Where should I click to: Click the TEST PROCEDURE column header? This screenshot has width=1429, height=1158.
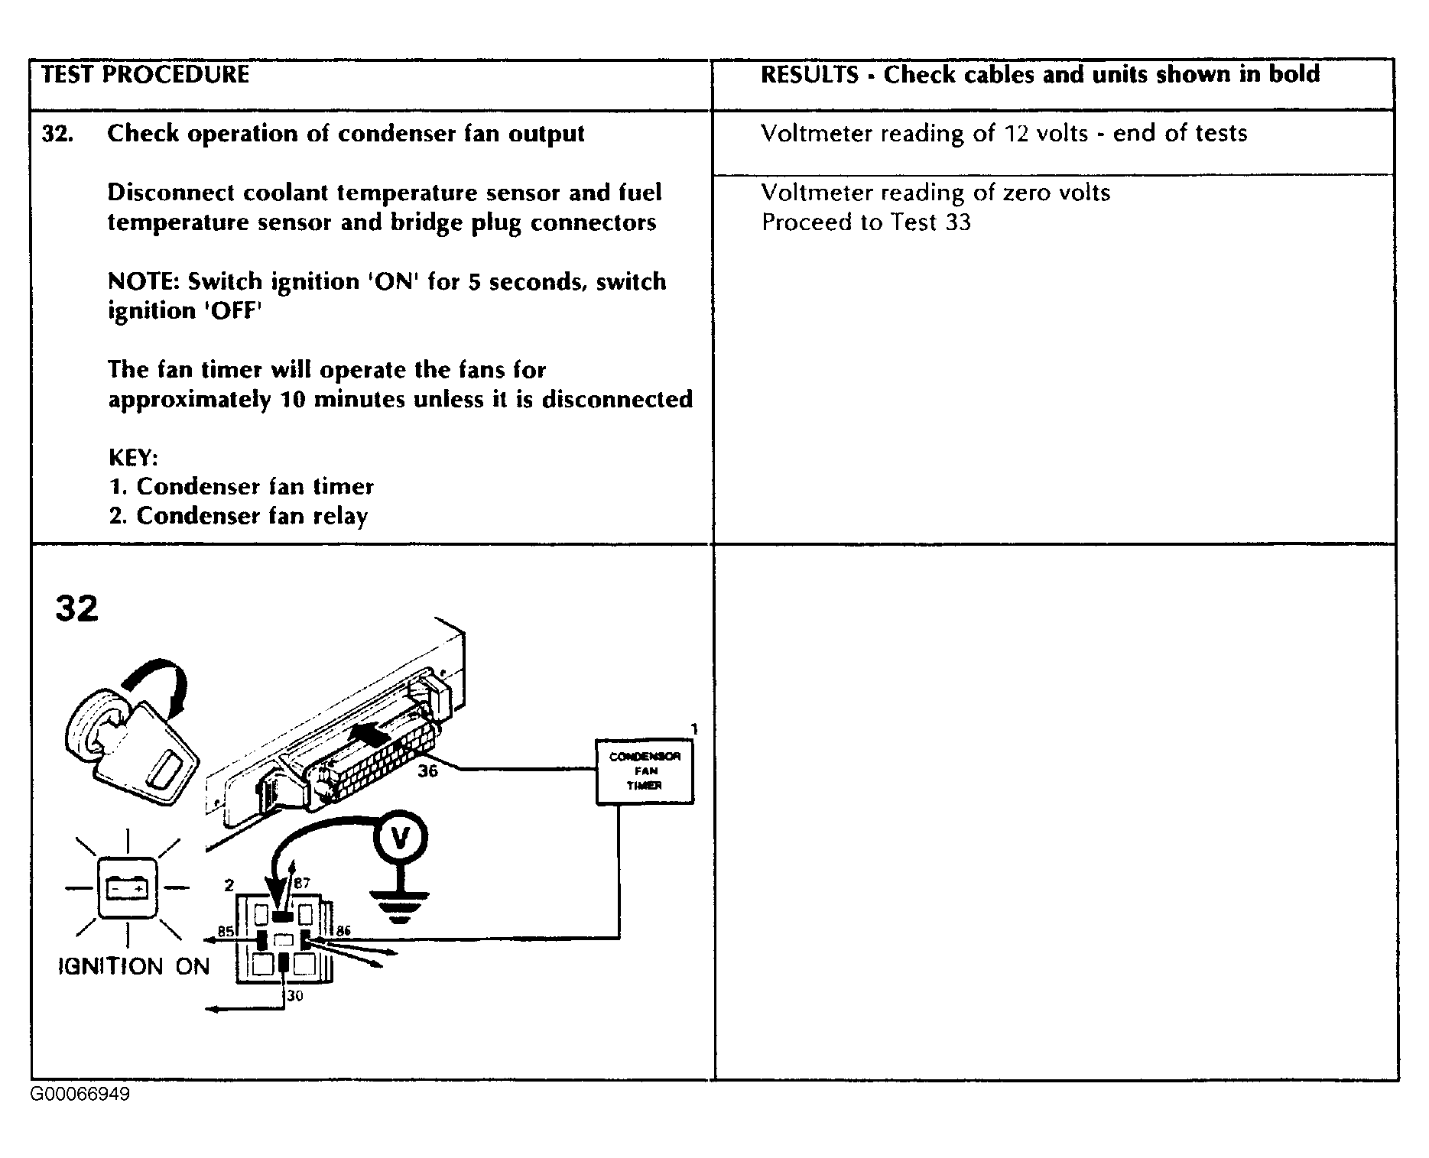click(x=145, y=75)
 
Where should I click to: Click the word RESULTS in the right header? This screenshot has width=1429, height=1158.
click(x=810, y=75)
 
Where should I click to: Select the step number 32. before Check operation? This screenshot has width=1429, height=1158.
click(x=57, y=134)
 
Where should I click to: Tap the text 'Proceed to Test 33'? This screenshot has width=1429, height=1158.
click(x=866, y=222)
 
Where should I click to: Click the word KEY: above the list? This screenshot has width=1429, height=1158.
click(x=133, y=458)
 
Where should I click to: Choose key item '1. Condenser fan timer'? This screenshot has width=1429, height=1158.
click(x=241, y=487)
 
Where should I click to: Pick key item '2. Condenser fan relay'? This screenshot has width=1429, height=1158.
click(x=238, y=516)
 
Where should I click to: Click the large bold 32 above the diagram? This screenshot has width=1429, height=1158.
click(x=76, y=609)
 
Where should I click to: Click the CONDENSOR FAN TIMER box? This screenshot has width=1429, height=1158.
click(x=645, y=771)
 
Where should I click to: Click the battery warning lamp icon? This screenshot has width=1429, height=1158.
click(x=126, y=887)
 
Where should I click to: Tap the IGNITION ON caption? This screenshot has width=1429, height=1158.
click(x=134, y=967)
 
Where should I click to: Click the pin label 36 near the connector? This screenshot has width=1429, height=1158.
click(x=427, y=771)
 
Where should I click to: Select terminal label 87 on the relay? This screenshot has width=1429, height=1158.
click(x=302, y=884)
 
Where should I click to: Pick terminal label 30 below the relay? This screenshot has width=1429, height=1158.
click(x=295, y=996)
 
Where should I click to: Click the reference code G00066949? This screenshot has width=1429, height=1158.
click(x=80, y=1095)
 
